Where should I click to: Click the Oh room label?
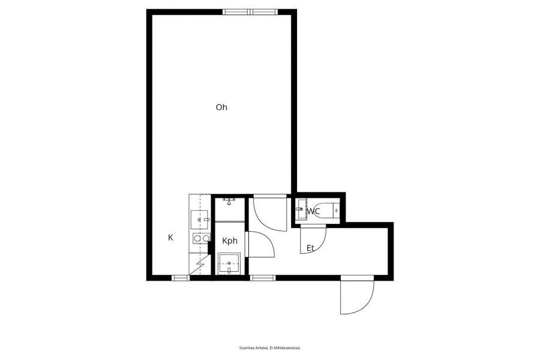click(221, 107)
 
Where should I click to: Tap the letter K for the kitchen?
click(170, 238)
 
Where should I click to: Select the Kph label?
click(230, 241)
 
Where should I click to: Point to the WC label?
click(313, 211)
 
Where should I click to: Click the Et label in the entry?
click(310, 248)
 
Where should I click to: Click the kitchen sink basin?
click(199, 220)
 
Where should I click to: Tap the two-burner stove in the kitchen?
click(202, 238)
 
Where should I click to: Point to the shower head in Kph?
click(229, 200)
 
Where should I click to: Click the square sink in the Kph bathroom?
click(229, 263)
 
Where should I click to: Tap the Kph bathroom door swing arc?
click(268, 239)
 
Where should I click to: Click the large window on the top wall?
click(250, 12)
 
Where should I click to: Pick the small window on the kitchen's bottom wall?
click(181, 278)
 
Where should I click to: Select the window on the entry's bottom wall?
click(262, 278)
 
